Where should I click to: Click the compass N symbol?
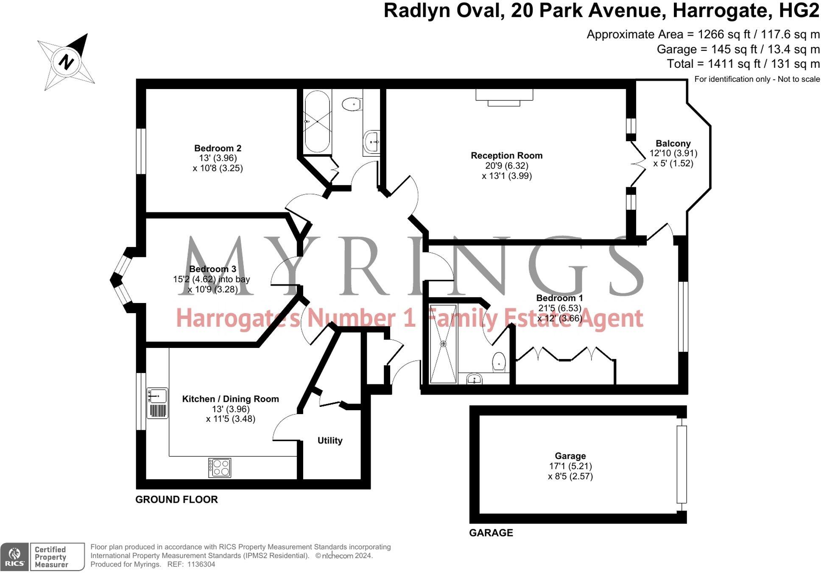66,62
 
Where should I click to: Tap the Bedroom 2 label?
218,148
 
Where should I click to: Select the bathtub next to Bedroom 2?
317,121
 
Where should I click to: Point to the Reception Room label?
506,156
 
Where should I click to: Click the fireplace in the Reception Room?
504,97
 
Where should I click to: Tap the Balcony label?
673,144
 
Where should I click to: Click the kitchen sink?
157,396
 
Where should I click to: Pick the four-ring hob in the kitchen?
220,468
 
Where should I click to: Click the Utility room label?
330,441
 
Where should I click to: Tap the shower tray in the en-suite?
443,344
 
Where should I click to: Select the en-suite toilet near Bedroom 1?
500,362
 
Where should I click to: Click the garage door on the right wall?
681,464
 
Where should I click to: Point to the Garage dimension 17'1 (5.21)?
570,466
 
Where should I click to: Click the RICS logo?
14,556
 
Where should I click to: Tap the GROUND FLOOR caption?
176,500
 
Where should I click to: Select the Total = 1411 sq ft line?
743,64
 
